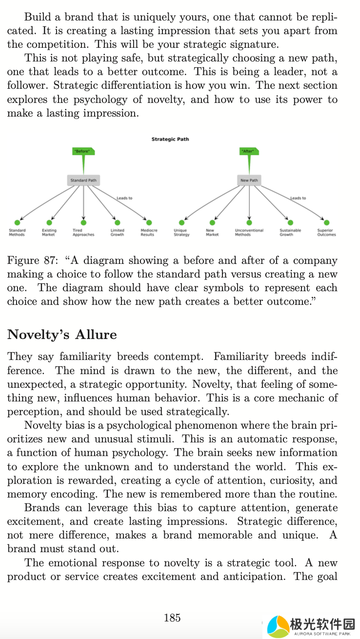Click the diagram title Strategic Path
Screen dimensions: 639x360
[x=170, y=139]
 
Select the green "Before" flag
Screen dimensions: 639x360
[x=83, y=152]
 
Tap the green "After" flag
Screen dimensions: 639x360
[x=249, y=152]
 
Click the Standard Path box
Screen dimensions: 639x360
[x=83, y=180]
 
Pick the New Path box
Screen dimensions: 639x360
[x=249, y=180]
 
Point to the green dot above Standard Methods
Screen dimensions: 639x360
[x=17, y=222]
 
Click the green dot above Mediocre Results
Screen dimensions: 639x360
[x=149, y=222]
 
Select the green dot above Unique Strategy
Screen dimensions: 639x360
[x=182, y=222]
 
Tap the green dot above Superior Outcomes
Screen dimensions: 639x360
[x=326, y=222]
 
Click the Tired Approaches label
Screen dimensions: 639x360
[x=83, y=232]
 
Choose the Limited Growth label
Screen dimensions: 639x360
[x=117, y=232]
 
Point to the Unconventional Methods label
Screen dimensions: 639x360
[x=249, y=232]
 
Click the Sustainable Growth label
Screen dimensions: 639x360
[x=290, y=232]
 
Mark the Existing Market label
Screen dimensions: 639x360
[x=49, y=232]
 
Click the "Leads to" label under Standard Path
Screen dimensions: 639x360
[x=124, y=198]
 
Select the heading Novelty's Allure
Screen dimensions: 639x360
[x=62, y=335]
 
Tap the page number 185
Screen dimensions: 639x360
[x=172, y=618]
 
